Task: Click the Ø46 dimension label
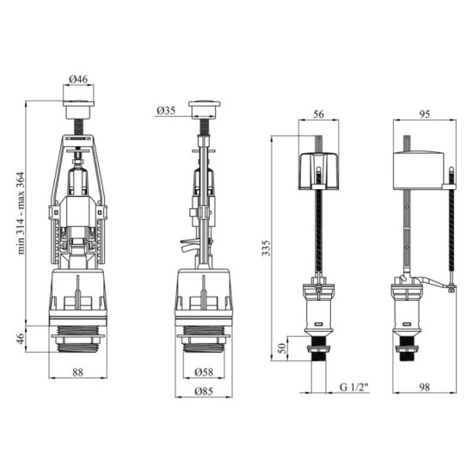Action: point(78,79)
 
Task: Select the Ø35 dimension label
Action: point(166,110)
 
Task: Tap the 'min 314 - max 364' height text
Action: point(21,213)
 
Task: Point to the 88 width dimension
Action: point(77,372)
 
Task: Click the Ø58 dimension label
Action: point(204,372)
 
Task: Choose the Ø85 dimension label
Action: point(204,391)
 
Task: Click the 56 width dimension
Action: point(318,114)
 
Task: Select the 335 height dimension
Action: point(266,248)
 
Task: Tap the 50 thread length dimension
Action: point(281,348)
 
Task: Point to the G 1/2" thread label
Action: point(354,387)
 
